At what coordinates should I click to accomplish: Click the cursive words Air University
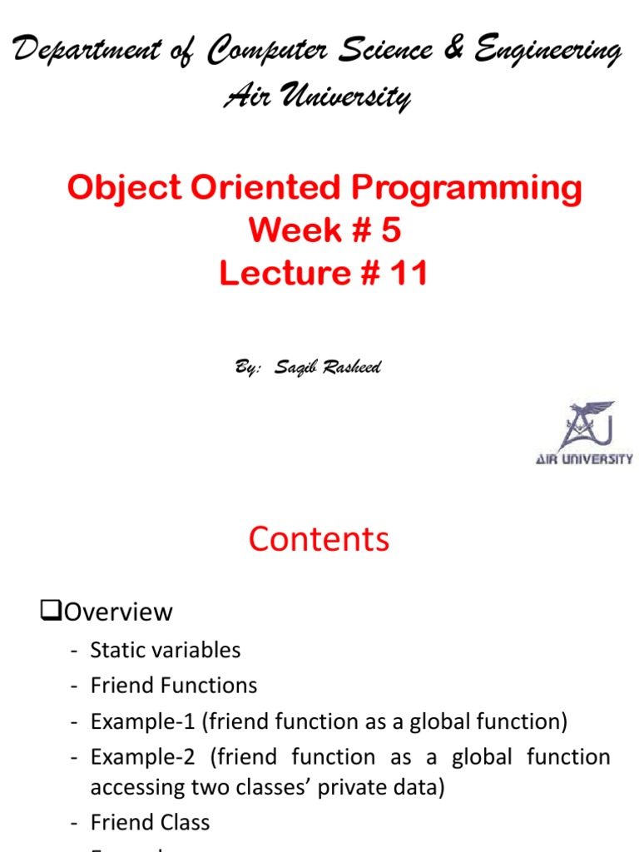tap(317, 98)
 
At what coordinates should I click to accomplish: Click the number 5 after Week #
tap(390, 231)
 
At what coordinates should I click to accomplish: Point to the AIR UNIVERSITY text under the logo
tap(584, 458)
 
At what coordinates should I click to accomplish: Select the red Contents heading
tap(319, 539)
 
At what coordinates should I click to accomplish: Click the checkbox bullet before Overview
tap(51, 613)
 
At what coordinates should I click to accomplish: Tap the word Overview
tap(118, 613)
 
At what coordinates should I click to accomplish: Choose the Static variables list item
tap(165, 650)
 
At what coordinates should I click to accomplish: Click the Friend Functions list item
tap(173, 686)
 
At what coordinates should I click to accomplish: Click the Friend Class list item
tap(150, 823)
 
